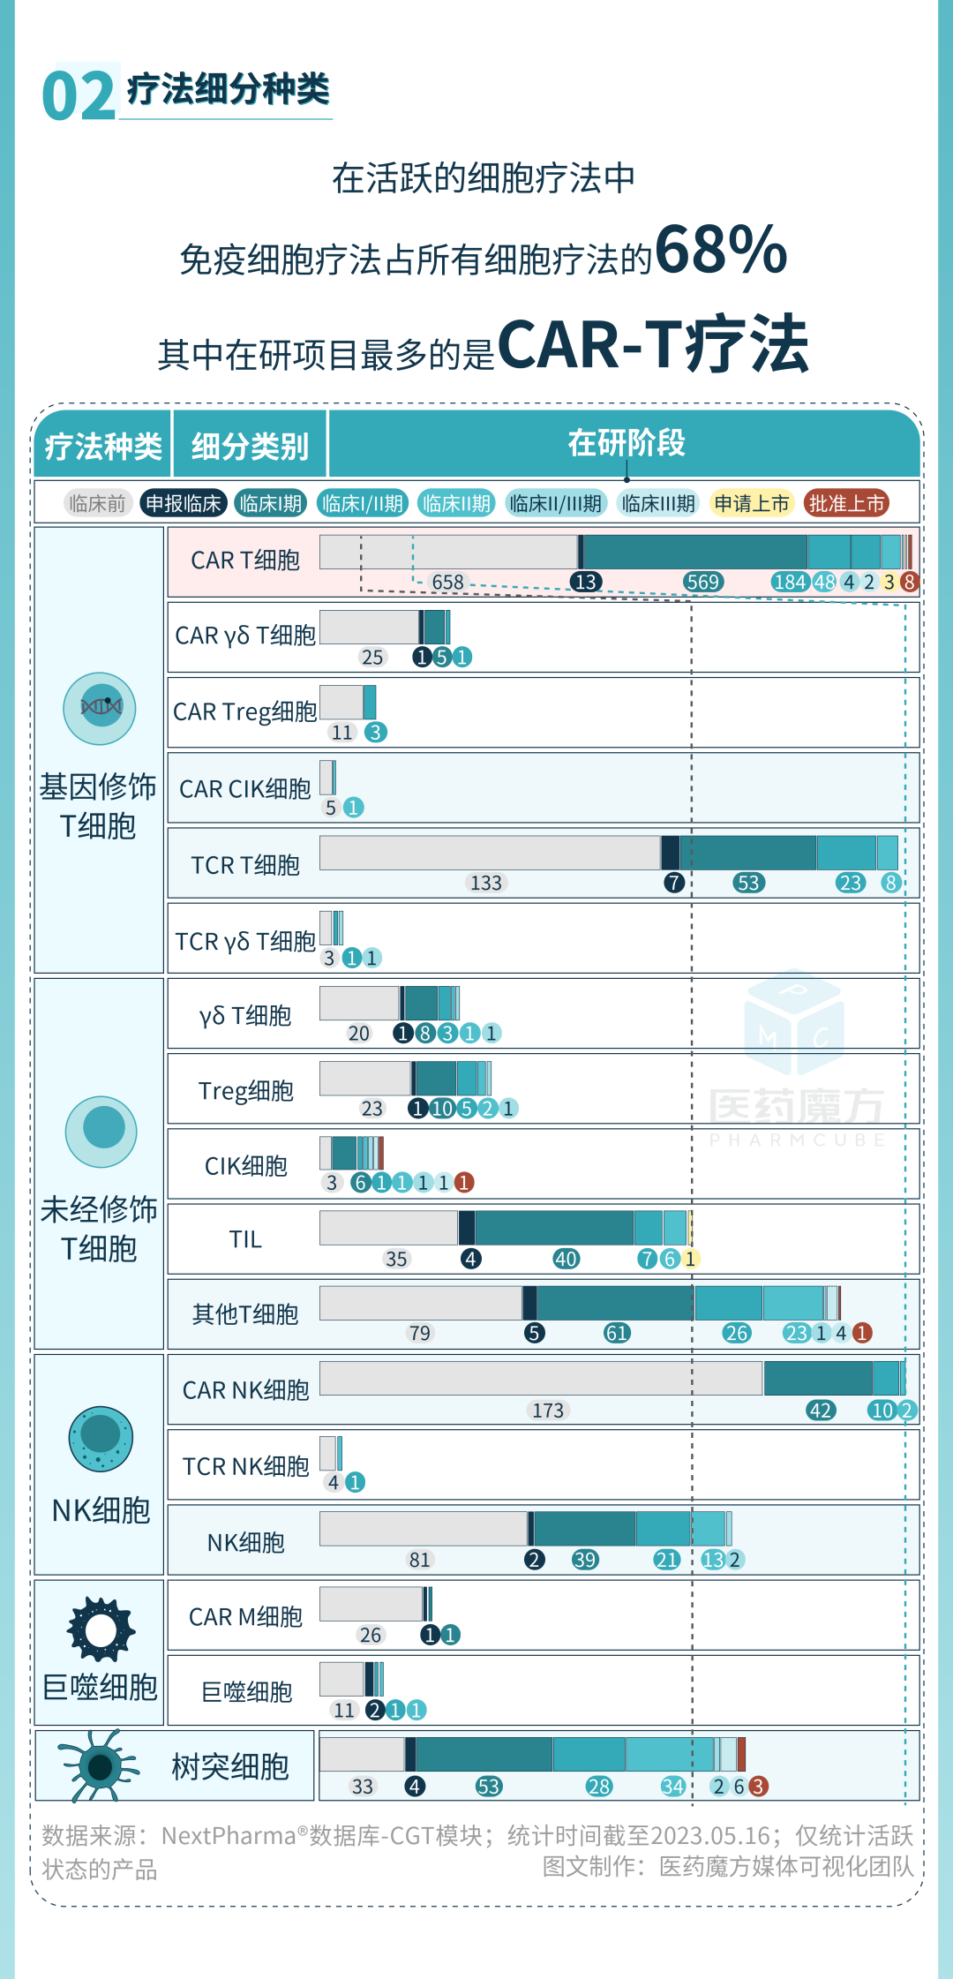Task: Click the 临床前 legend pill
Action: [97, 504]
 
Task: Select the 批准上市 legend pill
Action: [846, 504]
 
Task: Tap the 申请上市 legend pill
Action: [751, 504]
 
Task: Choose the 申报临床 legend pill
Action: [184, 504]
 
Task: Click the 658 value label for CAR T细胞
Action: [447, 583]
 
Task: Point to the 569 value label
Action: [703, 583]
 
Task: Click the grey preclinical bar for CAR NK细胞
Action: [540, 1378]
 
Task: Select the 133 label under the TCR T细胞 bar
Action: [485, 884]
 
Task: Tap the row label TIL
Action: [245, 1240]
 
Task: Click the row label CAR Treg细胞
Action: [244, 712]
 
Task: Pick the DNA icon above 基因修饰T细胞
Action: [100, 708]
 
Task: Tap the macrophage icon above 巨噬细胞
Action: [101, 1629]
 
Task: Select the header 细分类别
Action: [250, 447]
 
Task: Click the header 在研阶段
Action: [626, 443]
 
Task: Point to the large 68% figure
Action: [720, 251]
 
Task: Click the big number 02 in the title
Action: [79, 96]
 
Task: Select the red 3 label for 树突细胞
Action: [758, 1787]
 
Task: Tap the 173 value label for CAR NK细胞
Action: [547, 1411]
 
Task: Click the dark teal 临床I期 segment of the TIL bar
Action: [554, 1228]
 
